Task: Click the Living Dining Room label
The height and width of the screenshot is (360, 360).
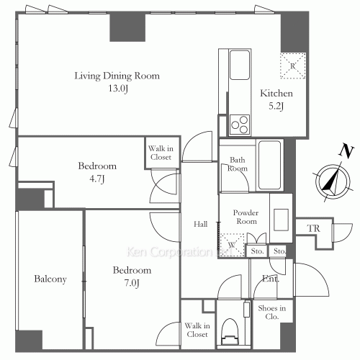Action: coord(117,76)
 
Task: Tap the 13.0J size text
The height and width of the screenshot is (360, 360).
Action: coord(118,89)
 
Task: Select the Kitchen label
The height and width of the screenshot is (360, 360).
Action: coord(276,94)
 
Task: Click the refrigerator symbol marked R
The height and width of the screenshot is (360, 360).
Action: coord(293,66)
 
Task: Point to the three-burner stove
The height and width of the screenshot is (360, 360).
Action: coord(240,125)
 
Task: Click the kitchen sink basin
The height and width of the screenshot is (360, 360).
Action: coord(240,65)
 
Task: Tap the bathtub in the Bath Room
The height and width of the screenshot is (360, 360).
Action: coord(270,165)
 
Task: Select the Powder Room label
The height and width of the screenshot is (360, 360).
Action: coord(246,217)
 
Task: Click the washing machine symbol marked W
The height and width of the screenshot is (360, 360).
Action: coord(232,245)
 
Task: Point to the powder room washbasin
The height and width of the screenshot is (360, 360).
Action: coord(281,220)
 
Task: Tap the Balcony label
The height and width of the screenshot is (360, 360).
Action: coord(50,279)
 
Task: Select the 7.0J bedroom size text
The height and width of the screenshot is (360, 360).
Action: coord(132,283)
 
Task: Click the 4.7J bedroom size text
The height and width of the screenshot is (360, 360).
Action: coord(97,179)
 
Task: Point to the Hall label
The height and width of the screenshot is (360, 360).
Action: coord(201,224)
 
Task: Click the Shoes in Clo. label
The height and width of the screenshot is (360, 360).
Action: coord(272,312)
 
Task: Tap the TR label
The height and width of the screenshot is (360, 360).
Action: coord(314,228)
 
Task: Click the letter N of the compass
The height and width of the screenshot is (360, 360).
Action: coord(346,152)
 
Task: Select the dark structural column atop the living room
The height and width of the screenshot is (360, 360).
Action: coord(127,27)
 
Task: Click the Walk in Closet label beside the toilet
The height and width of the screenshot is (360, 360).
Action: coord(197,330)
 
